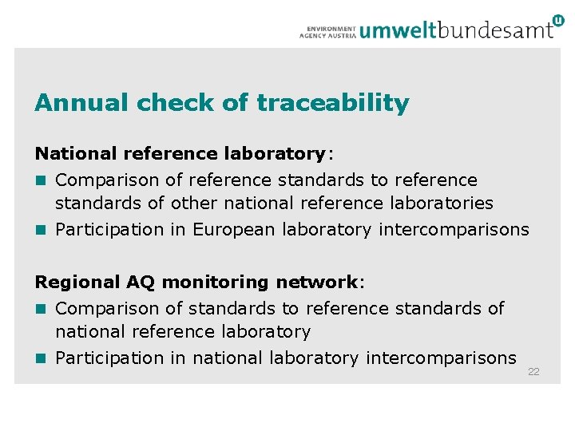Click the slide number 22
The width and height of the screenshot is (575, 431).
click(533, 372)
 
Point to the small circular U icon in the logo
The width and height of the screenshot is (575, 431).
click(557, 20)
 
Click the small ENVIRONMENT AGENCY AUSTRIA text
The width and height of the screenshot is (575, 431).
click(327, 31)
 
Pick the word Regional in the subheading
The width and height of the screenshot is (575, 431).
click(77, 282)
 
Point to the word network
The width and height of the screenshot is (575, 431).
click(316, 282)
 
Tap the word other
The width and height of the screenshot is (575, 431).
click(194, 204)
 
